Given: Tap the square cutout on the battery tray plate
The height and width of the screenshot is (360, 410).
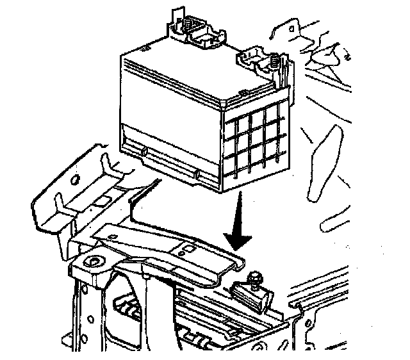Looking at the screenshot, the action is [190, 247].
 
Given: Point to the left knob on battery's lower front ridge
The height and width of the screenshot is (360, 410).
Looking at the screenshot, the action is [145, 152].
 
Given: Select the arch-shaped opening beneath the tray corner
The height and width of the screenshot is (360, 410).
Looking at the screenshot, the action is [128, 301].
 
